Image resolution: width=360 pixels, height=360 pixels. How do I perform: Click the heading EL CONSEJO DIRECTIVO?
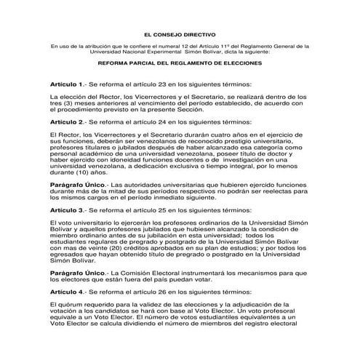[x=180, y=33]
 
